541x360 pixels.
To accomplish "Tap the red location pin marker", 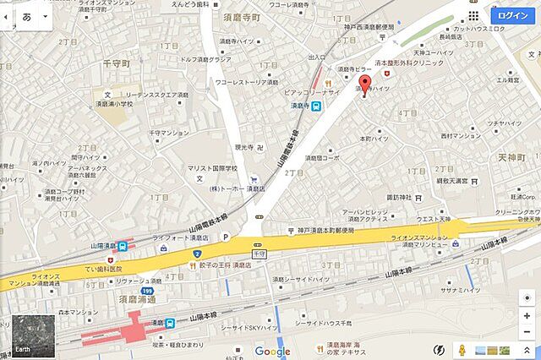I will pyautogui.click(x=364, y=87).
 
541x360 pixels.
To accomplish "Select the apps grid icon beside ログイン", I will pyautogui.click(x=473, y=15).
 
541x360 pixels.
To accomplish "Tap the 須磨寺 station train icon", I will pyautogui.click(x=315, y=106).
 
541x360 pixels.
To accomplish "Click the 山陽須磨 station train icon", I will pyautogui.click(x=124, y=247).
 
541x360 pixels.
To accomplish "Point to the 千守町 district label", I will pyautogui.click(x=116, y=63).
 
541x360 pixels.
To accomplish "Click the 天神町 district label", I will pyautogui.click(x=511, y=158).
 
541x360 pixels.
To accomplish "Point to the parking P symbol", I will pyautogui.click(x=225, y=239).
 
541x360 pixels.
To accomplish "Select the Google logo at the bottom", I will pyautogui.click(x=272, y=352).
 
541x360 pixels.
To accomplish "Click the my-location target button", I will pyautogui.click(x=527, y=297).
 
